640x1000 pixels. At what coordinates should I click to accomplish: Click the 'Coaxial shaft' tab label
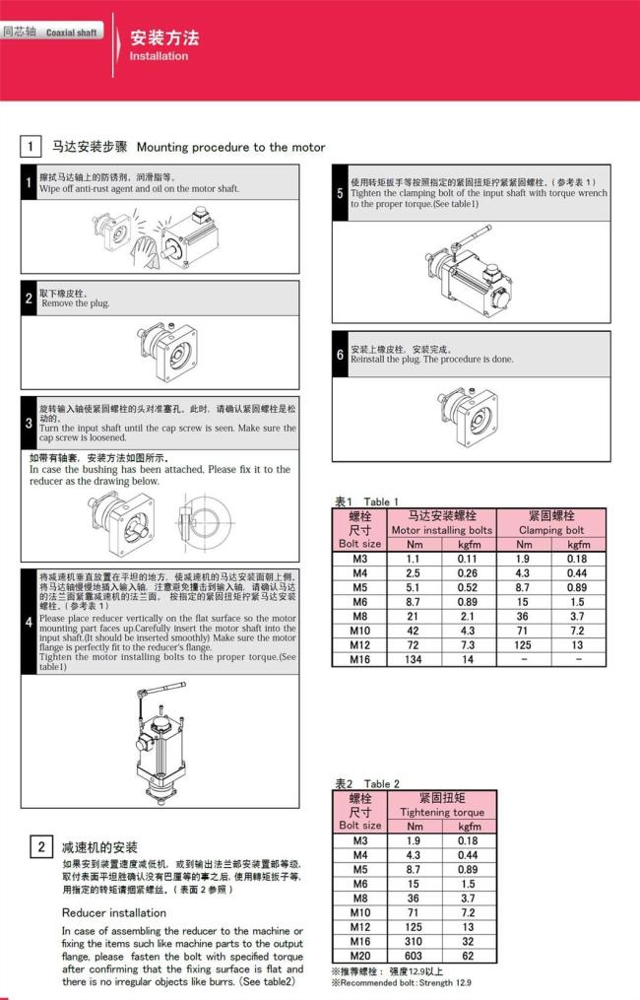(71, 33)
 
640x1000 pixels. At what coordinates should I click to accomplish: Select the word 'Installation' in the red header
(159, 56)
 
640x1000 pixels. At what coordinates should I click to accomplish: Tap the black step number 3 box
(29, 424)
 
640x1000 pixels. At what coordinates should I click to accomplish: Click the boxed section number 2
(40, 846)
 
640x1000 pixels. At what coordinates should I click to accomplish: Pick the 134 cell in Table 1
(413, 659)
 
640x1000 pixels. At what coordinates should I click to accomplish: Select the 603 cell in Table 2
(413, 956)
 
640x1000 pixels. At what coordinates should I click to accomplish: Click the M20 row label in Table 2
(359, 956)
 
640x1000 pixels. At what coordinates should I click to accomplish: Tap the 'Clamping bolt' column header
(551, 529)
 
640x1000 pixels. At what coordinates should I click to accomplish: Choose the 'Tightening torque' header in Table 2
(441, 812)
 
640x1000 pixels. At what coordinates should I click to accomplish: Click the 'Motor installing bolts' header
(441, 529)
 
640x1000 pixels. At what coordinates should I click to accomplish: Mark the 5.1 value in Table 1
(413, 586)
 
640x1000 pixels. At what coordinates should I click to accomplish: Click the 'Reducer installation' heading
(114, 912)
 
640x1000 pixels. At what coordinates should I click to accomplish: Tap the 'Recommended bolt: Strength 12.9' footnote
(402, 983)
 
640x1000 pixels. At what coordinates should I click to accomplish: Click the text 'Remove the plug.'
(75, 303)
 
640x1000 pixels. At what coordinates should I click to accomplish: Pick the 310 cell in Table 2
(413, 941)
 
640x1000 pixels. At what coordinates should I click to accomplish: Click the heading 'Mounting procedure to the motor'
(231, 147)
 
